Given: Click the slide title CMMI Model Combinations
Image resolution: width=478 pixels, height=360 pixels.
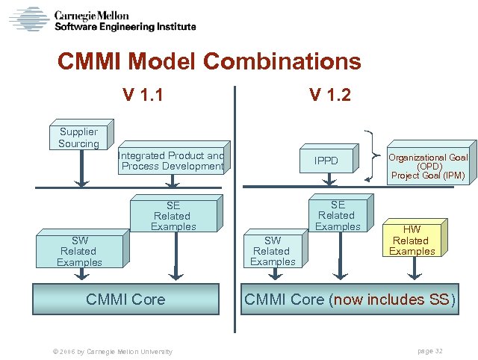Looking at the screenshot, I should pos(209,61).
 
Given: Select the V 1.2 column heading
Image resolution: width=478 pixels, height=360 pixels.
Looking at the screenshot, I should pos(330,95).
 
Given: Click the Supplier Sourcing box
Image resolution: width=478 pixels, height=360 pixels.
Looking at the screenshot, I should pos(78,137).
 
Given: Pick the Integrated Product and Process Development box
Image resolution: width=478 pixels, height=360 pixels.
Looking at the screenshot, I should pos(172,161).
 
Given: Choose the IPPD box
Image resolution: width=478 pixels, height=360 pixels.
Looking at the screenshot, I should pos(326,161).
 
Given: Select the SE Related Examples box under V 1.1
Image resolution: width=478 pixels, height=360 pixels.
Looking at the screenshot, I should pos(173,216).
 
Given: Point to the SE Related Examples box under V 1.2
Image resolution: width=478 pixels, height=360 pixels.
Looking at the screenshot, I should pos(338,215).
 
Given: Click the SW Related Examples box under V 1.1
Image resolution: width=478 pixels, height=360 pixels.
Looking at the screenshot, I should pos(79,252).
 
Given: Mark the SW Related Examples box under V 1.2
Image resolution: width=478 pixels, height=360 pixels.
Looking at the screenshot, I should pos(273,251).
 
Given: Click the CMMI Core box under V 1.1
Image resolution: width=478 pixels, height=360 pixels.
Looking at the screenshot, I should pos(125,300).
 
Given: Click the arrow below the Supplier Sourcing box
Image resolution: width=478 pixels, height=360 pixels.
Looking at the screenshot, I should pos(82,169).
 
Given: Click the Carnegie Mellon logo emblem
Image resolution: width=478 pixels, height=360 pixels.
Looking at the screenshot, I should pos(28,19).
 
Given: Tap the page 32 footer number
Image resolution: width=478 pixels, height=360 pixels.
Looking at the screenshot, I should pos(429,351).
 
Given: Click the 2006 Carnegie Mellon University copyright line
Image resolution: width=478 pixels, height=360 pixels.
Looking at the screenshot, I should pos(109,351).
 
